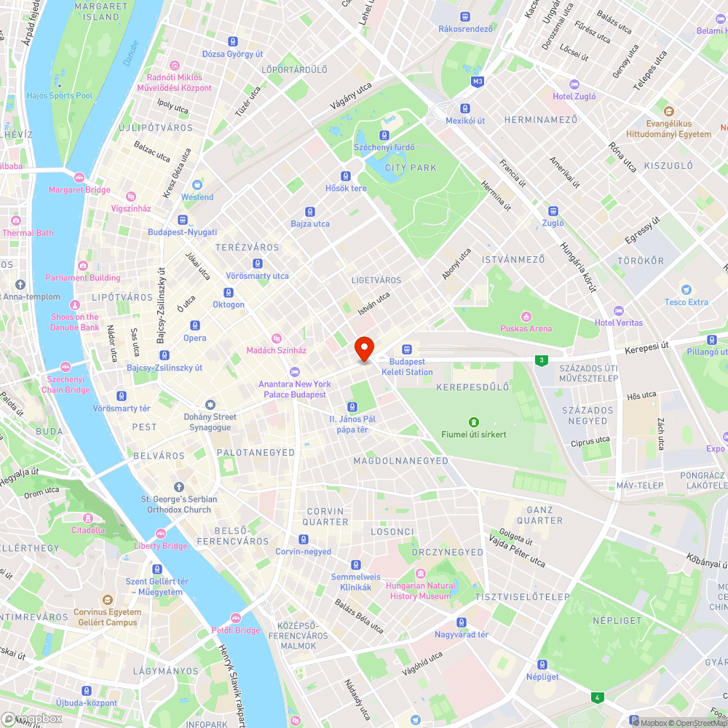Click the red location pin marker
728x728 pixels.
pyautogui.click(x=364, y=348)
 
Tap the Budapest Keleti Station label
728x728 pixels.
pyautogui.click(x=411, y=367)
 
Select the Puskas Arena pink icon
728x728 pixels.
pyautogui.click(x=526, y=316)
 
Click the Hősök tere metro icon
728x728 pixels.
pyautogui.click(x=346, y=176)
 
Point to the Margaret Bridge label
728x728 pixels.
pyautogui.click(x=79, y=190)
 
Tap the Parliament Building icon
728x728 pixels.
pyautogui.click(x=82, y=266)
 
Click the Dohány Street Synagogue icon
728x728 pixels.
pyautogui.click(x=210, y=405)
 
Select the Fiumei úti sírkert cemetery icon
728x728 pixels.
pyautogui.click(x=473, y=422)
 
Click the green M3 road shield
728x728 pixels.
pyautogui.click(x=477, y=81)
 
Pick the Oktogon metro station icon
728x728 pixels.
pyautogui.click(x=229, y=292)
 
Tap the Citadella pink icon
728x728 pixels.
pyautogui.click(x=87, y=518)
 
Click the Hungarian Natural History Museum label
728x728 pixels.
pyautogui.click(x=421, y=590)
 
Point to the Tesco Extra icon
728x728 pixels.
pyautogui.click(x=686, y=290)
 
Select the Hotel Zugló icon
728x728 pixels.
pyautogui.click(x=574, y=84)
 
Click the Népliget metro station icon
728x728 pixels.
pyautogui.click(x=542, y=664)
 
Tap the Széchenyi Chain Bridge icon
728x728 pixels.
pyautogui.click(x=66, y=367)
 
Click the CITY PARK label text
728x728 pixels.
pyautogui.click(x=411, y=167)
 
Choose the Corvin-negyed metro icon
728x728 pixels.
pyautogui.click(x=303, y=539)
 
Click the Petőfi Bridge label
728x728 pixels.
pyautogui.click(x=235, y=630)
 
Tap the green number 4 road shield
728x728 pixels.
pyautogui.click(x=597, y=697)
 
